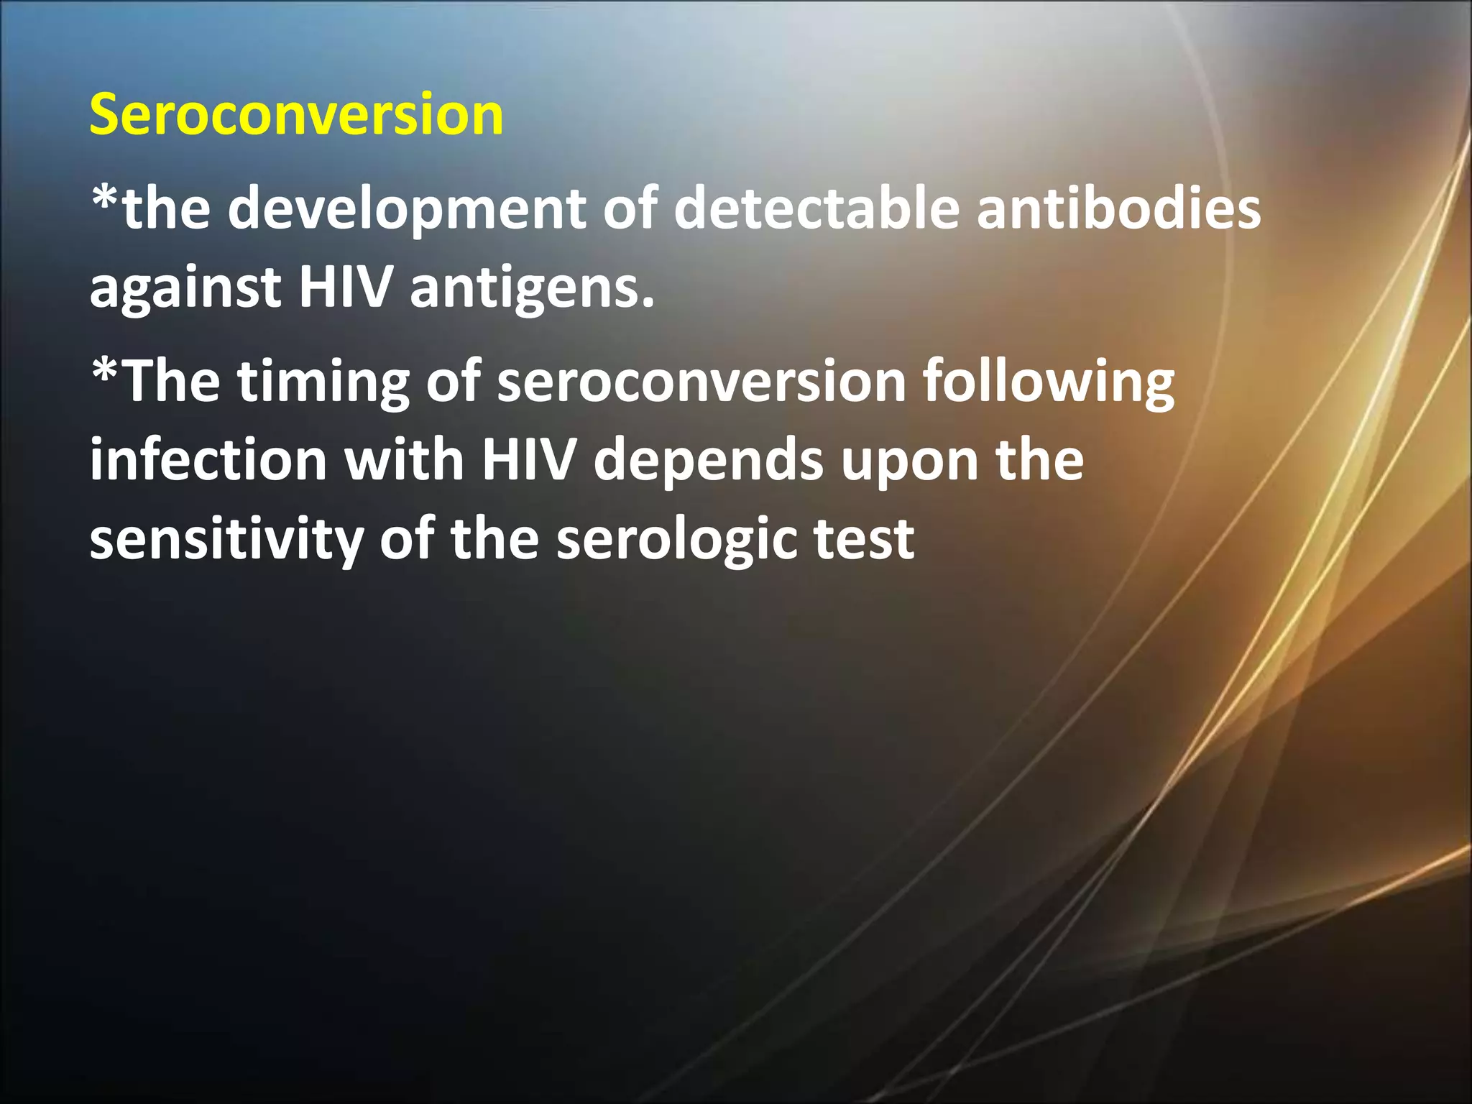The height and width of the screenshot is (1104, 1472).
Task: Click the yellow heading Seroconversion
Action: coord(296,115)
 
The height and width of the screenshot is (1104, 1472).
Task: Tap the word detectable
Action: coord(816,208)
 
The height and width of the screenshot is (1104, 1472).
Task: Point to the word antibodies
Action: coord(1118,208)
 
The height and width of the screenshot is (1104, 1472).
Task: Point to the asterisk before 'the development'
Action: coord(105,198)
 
